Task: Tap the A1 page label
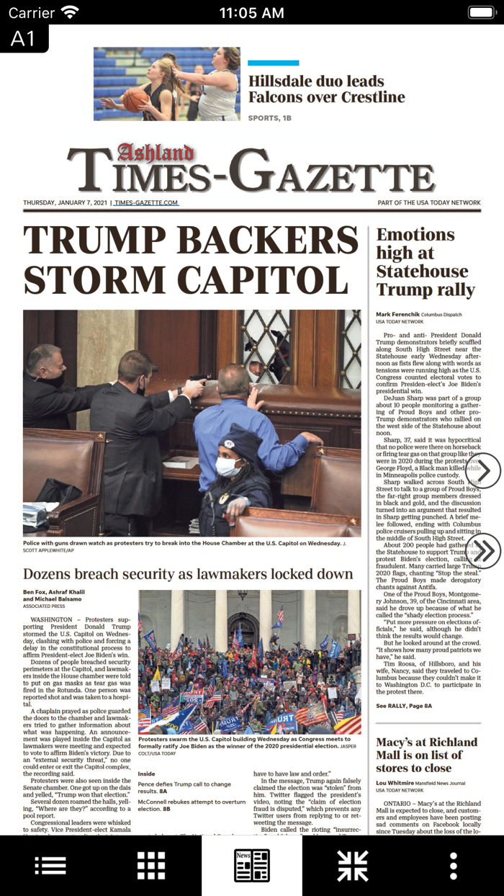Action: (23, 38)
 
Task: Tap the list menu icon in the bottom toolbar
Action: (50, 866)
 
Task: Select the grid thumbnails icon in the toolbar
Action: (151, 866)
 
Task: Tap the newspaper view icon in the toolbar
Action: (252, 866)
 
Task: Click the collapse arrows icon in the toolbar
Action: (353, 866)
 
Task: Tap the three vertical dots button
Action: (454, 866)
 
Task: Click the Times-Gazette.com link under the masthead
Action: (146, 203)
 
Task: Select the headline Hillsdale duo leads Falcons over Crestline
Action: (326, 89)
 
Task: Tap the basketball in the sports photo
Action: (134, 99)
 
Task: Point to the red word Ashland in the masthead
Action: (155, 153)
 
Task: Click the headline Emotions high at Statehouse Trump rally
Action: (425, 262)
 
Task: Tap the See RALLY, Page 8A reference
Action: (404, 706)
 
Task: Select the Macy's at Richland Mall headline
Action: (426, 755)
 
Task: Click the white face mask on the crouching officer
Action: (228, 467)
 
